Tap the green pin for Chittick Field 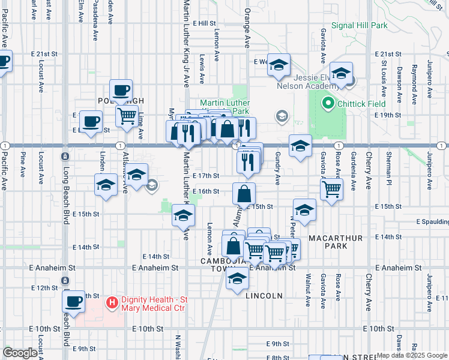328,104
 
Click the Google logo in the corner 20,353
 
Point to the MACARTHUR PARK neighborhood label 336,238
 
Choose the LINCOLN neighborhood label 264,296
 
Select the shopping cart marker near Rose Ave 332,190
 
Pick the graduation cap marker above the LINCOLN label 238,279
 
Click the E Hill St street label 204,23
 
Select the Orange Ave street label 246,31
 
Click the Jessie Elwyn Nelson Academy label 304,81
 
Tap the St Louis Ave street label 384,76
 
